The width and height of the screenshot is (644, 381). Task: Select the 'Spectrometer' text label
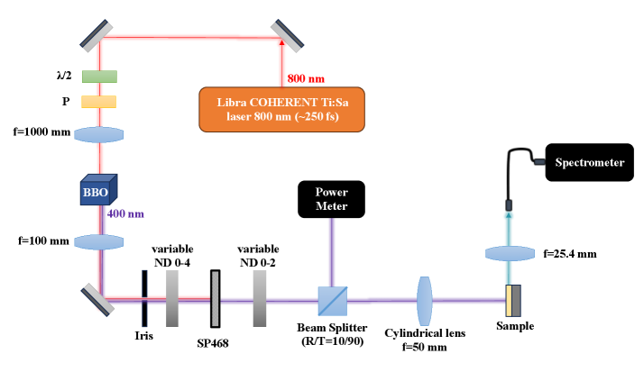(589, 163)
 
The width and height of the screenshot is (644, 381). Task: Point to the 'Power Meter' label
(331, 199)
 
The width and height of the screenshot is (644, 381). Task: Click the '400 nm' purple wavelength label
(125, 214)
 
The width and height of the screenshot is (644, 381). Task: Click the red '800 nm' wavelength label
(305, 78)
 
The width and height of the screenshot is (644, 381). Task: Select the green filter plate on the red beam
(99, 77)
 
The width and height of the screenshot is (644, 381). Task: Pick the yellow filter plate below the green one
(99, 102)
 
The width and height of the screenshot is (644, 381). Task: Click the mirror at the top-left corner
(96, 35)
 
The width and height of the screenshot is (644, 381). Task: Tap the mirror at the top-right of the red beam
(287, 35)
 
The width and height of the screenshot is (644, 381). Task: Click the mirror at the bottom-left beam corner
(98, 299)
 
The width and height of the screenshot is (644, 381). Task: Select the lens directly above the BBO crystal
(99, 134)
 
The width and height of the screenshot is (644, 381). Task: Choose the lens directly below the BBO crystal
(99, 242)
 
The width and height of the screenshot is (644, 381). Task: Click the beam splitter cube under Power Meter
(332, 301)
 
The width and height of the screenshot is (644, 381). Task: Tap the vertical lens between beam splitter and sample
(425, 301)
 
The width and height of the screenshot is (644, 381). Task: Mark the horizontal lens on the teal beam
(511, 253)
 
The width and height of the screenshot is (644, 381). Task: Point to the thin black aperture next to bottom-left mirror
(143, 299)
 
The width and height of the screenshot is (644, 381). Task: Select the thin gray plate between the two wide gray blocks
(215, 299)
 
